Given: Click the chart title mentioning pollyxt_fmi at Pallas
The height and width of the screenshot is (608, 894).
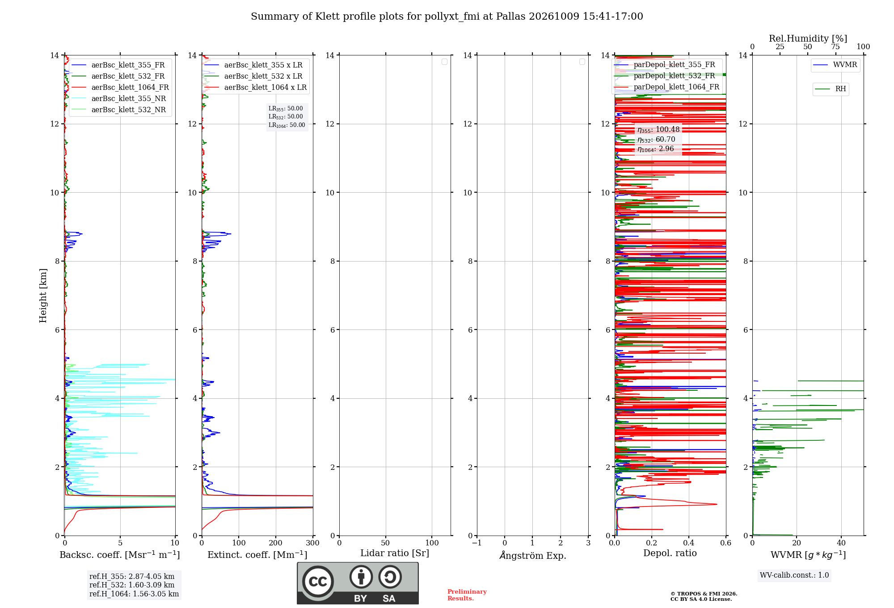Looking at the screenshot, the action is coord(447,17).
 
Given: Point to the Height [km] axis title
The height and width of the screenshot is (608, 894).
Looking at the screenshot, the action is coord(43,296).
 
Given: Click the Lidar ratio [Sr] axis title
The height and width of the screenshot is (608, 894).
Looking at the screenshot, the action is coord(395,553).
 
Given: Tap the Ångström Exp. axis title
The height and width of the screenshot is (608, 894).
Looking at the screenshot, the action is coord(533,555).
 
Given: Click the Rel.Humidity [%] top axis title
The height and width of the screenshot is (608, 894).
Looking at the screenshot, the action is coord(808,38).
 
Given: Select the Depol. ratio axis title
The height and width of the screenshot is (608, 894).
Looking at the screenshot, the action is coord(670,553).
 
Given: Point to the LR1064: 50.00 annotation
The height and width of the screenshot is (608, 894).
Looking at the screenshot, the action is coord(287,125).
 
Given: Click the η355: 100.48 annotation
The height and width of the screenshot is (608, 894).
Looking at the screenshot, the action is coord(658,130).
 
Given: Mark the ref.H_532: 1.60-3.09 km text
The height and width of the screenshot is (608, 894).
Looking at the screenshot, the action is coord(132,585).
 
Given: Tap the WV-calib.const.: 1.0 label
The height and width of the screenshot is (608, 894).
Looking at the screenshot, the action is coord(794,575).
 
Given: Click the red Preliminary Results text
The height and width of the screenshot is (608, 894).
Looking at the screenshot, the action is coord(467,595).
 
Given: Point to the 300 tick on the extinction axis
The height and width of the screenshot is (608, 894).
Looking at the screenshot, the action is coord(313,543).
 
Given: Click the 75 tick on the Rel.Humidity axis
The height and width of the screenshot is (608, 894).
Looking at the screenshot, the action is coord(835,46).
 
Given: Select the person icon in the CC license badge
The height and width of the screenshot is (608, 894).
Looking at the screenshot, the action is coord(361,577).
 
